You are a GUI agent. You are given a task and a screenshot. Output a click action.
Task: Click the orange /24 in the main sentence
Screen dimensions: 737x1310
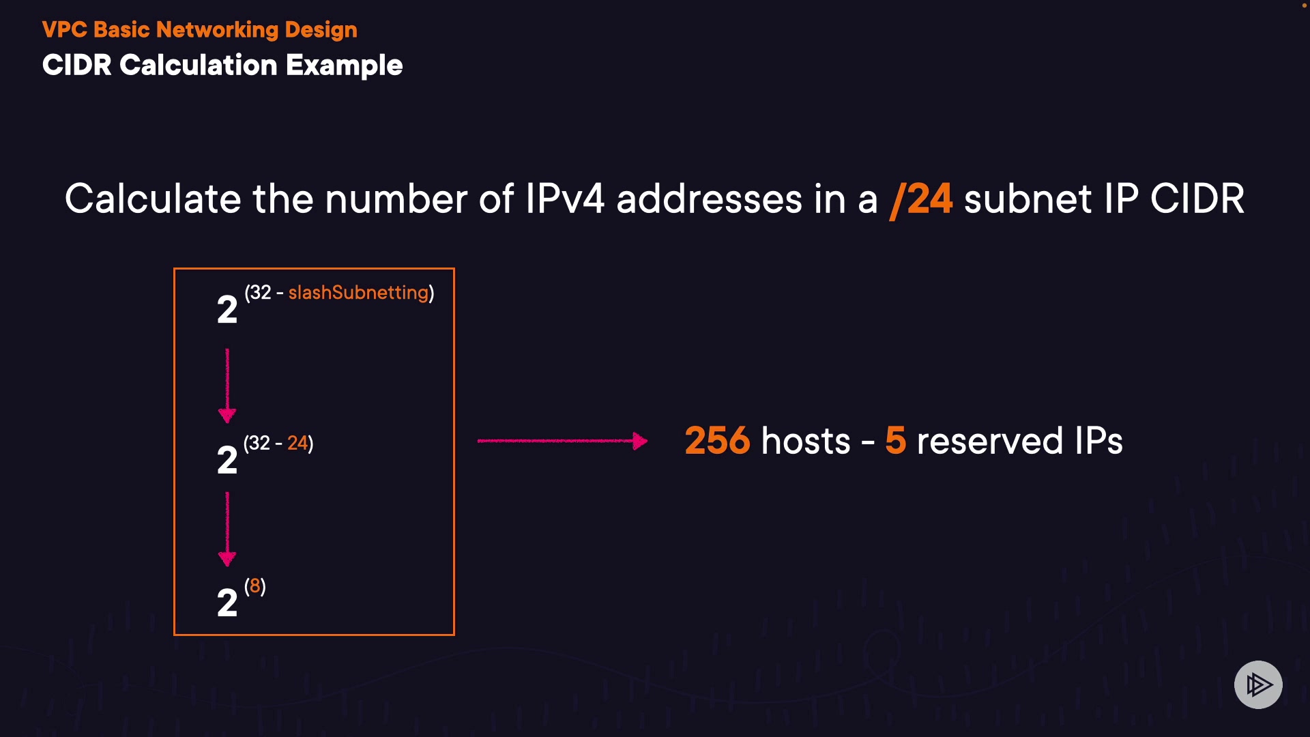click(922, 199)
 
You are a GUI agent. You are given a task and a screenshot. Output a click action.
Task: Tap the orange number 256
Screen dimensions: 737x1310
click(717, 441)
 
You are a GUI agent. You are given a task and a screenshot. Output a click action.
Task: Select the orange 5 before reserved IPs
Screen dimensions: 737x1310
click(895, 441)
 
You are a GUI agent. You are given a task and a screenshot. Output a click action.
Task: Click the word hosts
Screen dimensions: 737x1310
click(806, 441)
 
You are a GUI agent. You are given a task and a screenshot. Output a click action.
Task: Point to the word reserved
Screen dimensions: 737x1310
click(989, 441)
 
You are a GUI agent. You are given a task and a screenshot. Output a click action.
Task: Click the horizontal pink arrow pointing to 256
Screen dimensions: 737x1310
click(562, 441)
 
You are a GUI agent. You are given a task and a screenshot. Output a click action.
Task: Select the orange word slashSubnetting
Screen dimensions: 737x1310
click(358, 293)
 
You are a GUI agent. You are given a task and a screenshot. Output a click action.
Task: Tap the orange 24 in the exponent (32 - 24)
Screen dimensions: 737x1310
click(297, 443)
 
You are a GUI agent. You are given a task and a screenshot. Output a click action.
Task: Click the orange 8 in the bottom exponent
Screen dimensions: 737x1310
click(254, 586)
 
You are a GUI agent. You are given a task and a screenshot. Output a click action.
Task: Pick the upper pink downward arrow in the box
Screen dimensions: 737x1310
click(227, 386)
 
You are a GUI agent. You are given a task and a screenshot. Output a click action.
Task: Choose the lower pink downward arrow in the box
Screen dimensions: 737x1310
click(227, 529)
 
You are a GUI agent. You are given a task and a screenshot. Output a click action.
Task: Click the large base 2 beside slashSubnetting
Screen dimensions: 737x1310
click(227, 310)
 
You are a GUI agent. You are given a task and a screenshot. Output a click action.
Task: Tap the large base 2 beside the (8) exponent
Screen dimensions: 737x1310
click(227, 603)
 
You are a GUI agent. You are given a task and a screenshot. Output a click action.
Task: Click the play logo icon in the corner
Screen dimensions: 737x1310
click(1258, 684)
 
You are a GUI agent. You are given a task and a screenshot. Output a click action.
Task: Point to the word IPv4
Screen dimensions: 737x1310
click(565, 199)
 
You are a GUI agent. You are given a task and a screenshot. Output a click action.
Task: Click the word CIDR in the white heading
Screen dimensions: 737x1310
click(76, 66)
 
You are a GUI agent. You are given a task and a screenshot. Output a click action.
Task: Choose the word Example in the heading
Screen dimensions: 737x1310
click(345, 66)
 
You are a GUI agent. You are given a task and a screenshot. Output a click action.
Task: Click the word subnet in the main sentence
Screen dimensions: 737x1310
click(1028, 199)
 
